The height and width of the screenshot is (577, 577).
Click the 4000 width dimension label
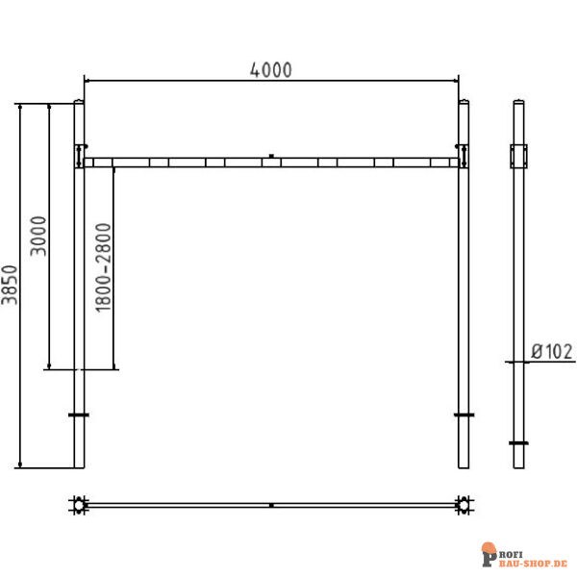(271, 69)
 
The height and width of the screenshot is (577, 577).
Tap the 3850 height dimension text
(10, 286)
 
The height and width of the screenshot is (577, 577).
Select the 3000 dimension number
(38, 236)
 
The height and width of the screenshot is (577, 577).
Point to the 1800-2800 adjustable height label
(104, 267)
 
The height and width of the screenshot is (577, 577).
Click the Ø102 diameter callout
(552, 351)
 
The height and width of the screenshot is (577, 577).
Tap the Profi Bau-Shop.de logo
(525, 555)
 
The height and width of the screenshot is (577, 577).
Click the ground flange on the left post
(79, 415)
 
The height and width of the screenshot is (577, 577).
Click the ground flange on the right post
(464, 415)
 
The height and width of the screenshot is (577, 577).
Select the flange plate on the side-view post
(518, 443)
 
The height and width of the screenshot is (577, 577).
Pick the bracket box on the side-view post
(519, 157)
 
